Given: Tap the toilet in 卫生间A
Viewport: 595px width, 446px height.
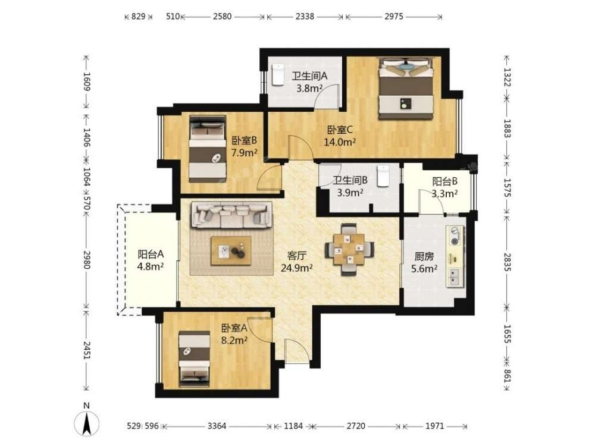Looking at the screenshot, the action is tap(278, 74).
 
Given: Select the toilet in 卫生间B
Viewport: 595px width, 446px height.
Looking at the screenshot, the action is tap(384, 175).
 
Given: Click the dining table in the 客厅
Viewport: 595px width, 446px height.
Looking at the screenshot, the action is tap(349, 249).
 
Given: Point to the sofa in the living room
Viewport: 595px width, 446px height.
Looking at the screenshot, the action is tap(231, 215).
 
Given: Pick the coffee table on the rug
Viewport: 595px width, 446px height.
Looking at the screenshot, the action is tap(231, 251).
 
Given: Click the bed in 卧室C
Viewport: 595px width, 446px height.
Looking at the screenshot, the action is tap(406, 89).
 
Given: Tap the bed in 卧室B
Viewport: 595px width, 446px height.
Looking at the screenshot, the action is tap(208, 149).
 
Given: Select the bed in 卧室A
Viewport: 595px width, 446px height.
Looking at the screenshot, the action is tap(195, 359).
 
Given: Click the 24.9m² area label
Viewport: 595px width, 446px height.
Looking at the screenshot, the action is tap(297, 268).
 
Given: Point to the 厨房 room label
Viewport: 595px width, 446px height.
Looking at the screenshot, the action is tap(424, 257).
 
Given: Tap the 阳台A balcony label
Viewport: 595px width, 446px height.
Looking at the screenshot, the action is tap(151, 254).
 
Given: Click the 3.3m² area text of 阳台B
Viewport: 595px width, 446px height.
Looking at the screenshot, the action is tap(444, 193).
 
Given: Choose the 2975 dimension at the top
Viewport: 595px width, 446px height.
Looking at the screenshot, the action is tap(394, 16).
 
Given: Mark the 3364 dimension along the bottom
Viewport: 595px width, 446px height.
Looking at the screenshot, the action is tap(217, 426).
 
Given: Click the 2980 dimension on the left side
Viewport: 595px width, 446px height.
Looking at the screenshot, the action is tap(87, 260).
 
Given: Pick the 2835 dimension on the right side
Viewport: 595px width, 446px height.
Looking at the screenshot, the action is tap(507, 262).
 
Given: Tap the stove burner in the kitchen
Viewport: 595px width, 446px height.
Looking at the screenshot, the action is tap(455, 235).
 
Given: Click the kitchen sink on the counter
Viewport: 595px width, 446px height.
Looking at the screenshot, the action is tap(454, 277).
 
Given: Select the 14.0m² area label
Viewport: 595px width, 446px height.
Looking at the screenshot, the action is tap(340, 142).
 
